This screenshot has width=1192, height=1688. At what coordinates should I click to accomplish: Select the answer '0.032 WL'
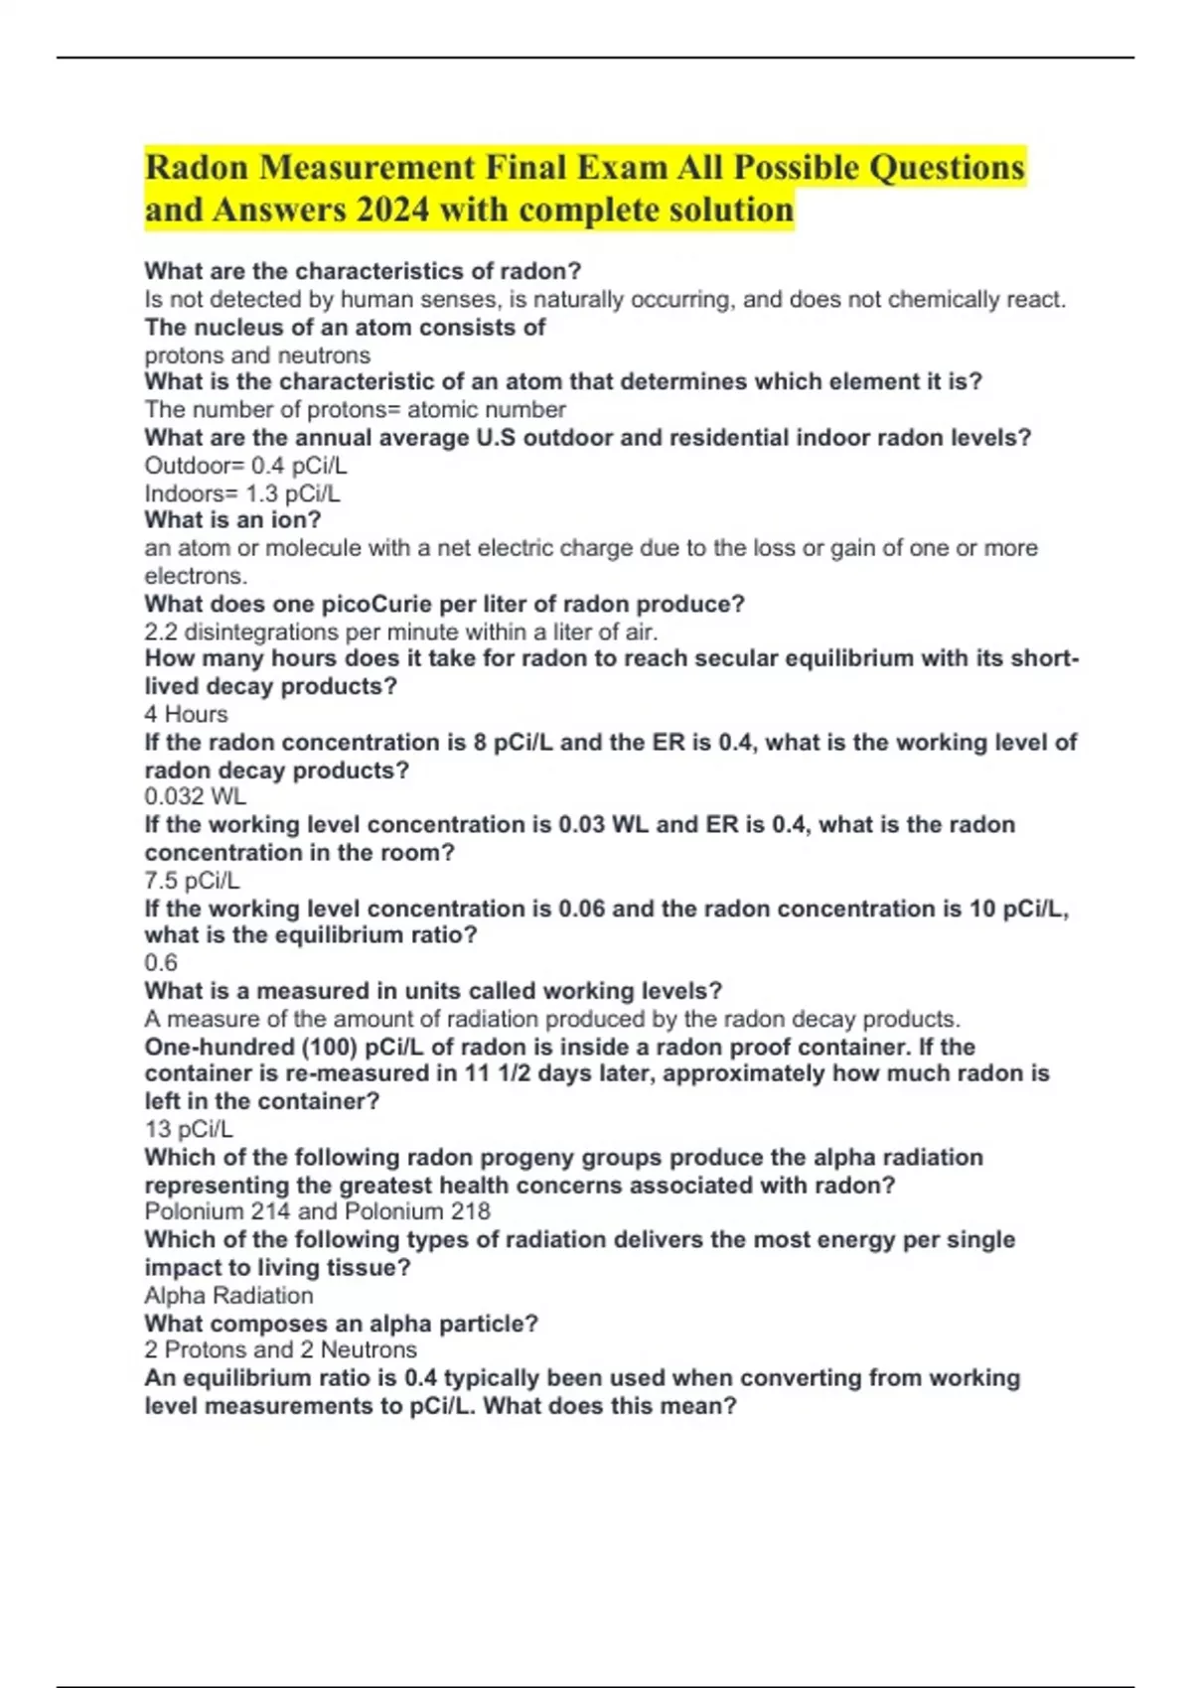point(195,796)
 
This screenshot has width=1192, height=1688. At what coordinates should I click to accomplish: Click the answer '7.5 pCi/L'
point(192,880)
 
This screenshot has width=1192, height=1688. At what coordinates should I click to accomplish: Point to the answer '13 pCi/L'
point(189,1129)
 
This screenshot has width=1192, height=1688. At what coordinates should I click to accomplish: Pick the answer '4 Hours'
point(186,714)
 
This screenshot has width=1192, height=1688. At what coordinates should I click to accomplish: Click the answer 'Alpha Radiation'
point(228,1295)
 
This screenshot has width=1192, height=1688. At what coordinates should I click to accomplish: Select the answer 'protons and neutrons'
point(257,355)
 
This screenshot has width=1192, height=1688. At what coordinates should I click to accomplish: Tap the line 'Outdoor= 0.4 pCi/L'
point(245,466)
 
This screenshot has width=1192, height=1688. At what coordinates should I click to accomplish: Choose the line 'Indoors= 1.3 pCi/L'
point(242,493)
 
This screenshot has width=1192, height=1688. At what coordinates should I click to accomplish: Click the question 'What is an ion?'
point(232,519)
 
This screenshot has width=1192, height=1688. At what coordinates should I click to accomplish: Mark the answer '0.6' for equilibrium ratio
point(161,962)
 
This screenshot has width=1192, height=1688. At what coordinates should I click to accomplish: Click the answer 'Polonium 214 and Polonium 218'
point(317,1211)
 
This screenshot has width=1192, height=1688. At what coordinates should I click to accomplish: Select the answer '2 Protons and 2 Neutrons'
point(280,1349)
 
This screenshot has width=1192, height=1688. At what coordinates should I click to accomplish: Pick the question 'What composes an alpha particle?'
point(341,1324)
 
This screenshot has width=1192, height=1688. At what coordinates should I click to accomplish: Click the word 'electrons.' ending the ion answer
point(196,576)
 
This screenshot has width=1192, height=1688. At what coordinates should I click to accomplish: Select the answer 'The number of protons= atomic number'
point(355,409)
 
